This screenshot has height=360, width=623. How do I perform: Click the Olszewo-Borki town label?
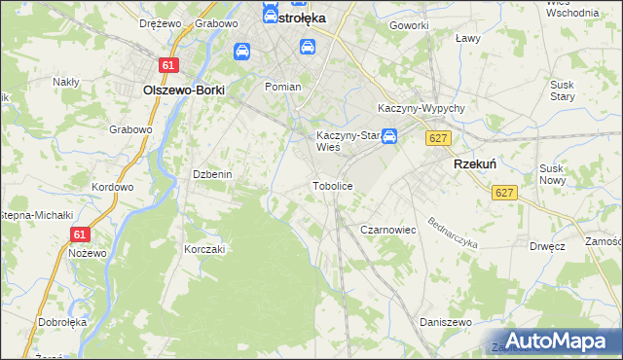coord(183,89)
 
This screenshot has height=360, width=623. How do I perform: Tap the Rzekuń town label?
coord(475,165)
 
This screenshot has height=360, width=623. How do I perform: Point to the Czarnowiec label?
coord(388,230)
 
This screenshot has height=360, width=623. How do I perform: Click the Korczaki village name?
coord(204,249)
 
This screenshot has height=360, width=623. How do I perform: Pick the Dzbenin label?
coord(211,174)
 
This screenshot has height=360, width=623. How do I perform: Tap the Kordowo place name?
coord(111,187)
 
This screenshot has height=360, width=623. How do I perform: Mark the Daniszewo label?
coord(445,321)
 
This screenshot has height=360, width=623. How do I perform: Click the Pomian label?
coord(283,87)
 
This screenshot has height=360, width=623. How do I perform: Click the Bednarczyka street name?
coord(452,230)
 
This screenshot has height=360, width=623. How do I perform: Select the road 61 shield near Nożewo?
coord(80,234)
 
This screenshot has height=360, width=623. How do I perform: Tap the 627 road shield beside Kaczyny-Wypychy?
coord(438,139)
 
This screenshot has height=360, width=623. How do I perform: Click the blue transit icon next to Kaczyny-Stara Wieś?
coord(389,137)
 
